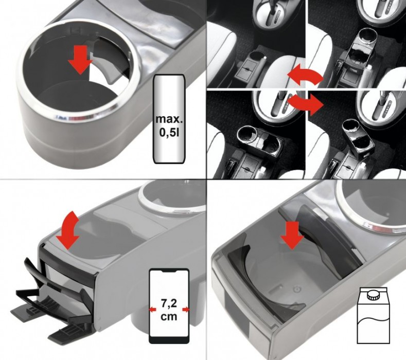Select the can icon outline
click(170, 119)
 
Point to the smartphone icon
click(169, 306)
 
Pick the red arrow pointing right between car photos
click(306, 103)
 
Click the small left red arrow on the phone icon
click(153, 309)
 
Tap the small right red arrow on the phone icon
click(186, 309)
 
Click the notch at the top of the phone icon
click(169, 272)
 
